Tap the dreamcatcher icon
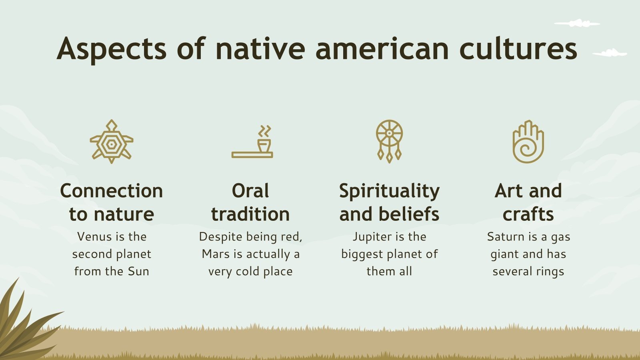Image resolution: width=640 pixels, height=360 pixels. [389, 141]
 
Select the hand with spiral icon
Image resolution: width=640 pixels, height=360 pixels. [528, 142]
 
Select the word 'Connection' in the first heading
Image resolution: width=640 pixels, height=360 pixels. [112, 191]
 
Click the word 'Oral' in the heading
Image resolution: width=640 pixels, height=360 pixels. [250, 191]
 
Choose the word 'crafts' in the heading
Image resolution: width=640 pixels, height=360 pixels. [528, 214]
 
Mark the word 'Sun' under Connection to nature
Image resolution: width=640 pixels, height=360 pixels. [138, 272]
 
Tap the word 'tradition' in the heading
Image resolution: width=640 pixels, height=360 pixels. [250, 214]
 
